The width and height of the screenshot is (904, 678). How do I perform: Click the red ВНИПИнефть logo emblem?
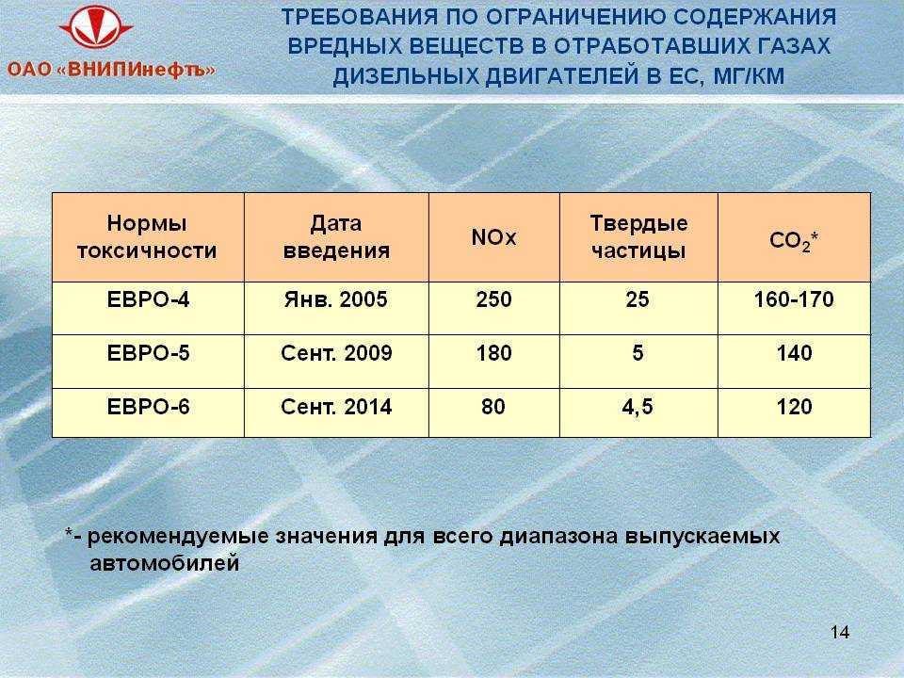click(x=96, y=27)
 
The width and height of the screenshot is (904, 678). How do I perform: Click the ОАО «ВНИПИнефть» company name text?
click(x=111, y=71)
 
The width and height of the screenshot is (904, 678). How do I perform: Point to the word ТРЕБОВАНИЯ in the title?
click(x=359, y=17)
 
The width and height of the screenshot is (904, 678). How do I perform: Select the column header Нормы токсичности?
click(x=147, y=237)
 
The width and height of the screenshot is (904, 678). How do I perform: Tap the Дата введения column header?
click(x=336, y=237)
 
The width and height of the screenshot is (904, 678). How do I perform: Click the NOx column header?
click(x=493, y=237)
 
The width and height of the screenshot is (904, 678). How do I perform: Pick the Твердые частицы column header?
click(x=638, y=237)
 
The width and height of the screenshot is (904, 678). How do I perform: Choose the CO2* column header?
click(x=794, y=240)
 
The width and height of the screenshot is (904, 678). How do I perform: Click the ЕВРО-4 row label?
click(x=148, y=299)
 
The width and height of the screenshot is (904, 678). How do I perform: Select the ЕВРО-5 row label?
click(x=148, y=353)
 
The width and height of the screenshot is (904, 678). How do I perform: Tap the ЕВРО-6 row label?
click(x=148, y=407)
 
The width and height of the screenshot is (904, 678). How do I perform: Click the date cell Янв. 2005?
click(x=335, y=299)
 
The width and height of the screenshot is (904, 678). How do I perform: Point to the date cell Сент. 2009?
click(x=336, y=353)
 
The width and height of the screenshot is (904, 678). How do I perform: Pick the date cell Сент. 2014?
click(x=336, y=407)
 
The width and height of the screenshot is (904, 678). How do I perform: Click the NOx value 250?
click(x=493, y=299)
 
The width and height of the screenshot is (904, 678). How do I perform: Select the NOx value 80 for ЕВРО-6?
click(x=493, y=407)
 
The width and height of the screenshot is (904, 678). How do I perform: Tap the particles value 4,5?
click(x=638, y=407)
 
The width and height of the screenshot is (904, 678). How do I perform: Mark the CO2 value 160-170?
click(x=794, y=299)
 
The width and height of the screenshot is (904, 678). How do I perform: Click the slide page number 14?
click(x=840, y=633)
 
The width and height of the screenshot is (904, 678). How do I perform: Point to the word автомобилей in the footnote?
click(x=164, y=563)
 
